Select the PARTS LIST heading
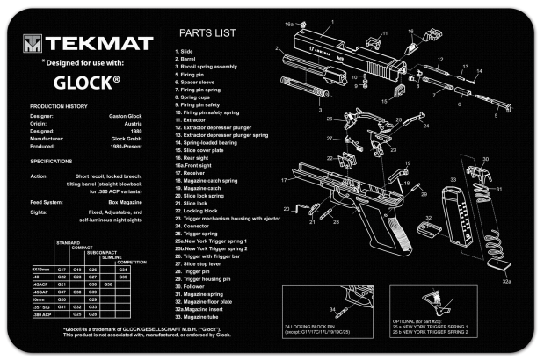pyautogui.click(x=206, y=34)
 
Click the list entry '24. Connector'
pyautogui.click(x=192, y=227)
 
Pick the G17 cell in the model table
pyautogui.click(x=61, y=269)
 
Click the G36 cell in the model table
pyautogui.click(x=107, y=284)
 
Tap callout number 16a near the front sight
pyautogui.click(x=288, y=25)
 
